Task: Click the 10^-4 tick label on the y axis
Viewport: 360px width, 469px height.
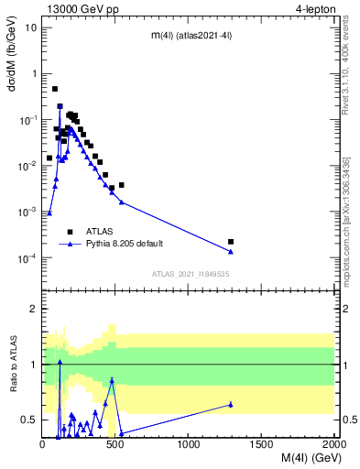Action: click(27, 258)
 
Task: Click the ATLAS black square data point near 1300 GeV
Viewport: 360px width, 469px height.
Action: click(231, 242)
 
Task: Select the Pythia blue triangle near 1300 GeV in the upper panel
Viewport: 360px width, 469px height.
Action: click(231, 251)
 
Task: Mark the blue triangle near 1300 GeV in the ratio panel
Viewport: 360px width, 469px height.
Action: click(231, 404)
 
